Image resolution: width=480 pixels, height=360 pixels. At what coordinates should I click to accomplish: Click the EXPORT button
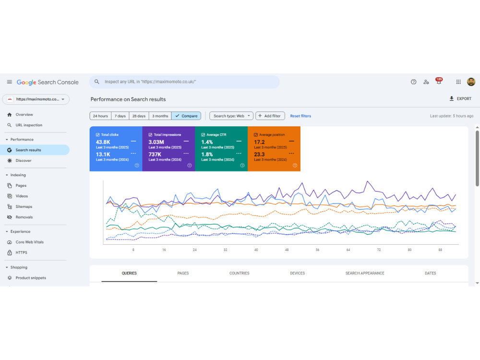460,98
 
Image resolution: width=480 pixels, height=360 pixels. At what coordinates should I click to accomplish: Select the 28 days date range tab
139,116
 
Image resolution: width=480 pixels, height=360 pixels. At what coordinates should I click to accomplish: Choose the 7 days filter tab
120,116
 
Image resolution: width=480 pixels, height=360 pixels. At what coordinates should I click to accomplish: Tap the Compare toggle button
186,116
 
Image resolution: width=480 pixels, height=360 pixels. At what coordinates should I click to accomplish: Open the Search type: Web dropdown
231,116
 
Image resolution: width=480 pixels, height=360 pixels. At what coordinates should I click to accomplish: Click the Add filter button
270,116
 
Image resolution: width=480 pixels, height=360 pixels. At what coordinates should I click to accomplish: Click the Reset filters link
300,116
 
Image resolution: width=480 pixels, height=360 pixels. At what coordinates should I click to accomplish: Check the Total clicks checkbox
97,135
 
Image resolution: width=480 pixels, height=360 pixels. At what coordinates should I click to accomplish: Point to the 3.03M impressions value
156,142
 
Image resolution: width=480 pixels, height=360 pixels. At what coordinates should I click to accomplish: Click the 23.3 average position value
259,154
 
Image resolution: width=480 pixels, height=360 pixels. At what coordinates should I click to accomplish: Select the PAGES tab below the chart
183,273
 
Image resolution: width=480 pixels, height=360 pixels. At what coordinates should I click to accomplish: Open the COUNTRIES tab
240,273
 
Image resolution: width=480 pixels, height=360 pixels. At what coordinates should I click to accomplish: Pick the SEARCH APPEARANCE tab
365,273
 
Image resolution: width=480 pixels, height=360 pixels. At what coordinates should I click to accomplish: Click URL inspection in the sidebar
29,125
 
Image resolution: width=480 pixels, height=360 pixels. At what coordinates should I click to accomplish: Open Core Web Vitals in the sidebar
30,242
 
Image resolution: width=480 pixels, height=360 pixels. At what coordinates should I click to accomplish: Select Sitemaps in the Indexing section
24,206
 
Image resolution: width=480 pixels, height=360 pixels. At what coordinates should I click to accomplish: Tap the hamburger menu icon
10,82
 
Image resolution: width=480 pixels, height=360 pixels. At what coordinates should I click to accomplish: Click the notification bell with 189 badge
439,81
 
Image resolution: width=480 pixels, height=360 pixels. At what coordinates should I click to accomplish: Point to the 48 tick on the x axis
287,250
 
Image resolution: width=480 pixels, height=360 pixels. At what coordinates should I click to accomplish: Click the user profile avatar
471,82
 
